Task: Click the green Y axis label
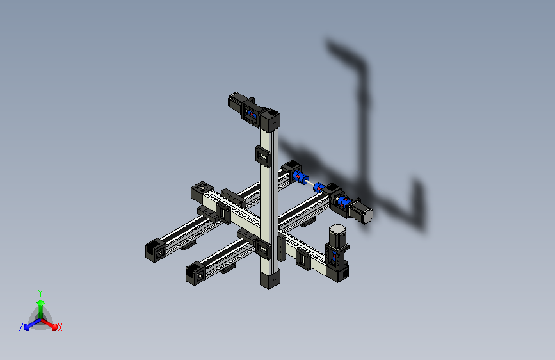[40, 291]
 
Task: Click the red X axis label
[60, 328]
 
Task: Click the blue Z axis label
[21, 327]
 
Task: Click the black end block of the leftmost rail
[154, 250]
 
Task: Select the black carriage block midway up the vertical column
[263, 154]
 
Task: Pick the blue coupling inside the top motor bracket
[252, 115]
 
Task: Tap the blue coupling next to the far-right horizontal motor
[342, 203]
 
